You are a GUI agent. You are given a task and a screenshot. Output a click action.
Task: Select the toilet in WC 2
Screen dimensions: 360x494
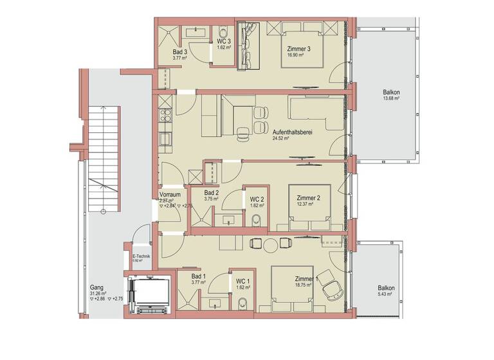[257, 221]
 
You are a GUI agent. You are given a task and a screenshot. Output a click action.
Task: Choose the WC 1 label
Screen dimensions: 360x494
[242, 280]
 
